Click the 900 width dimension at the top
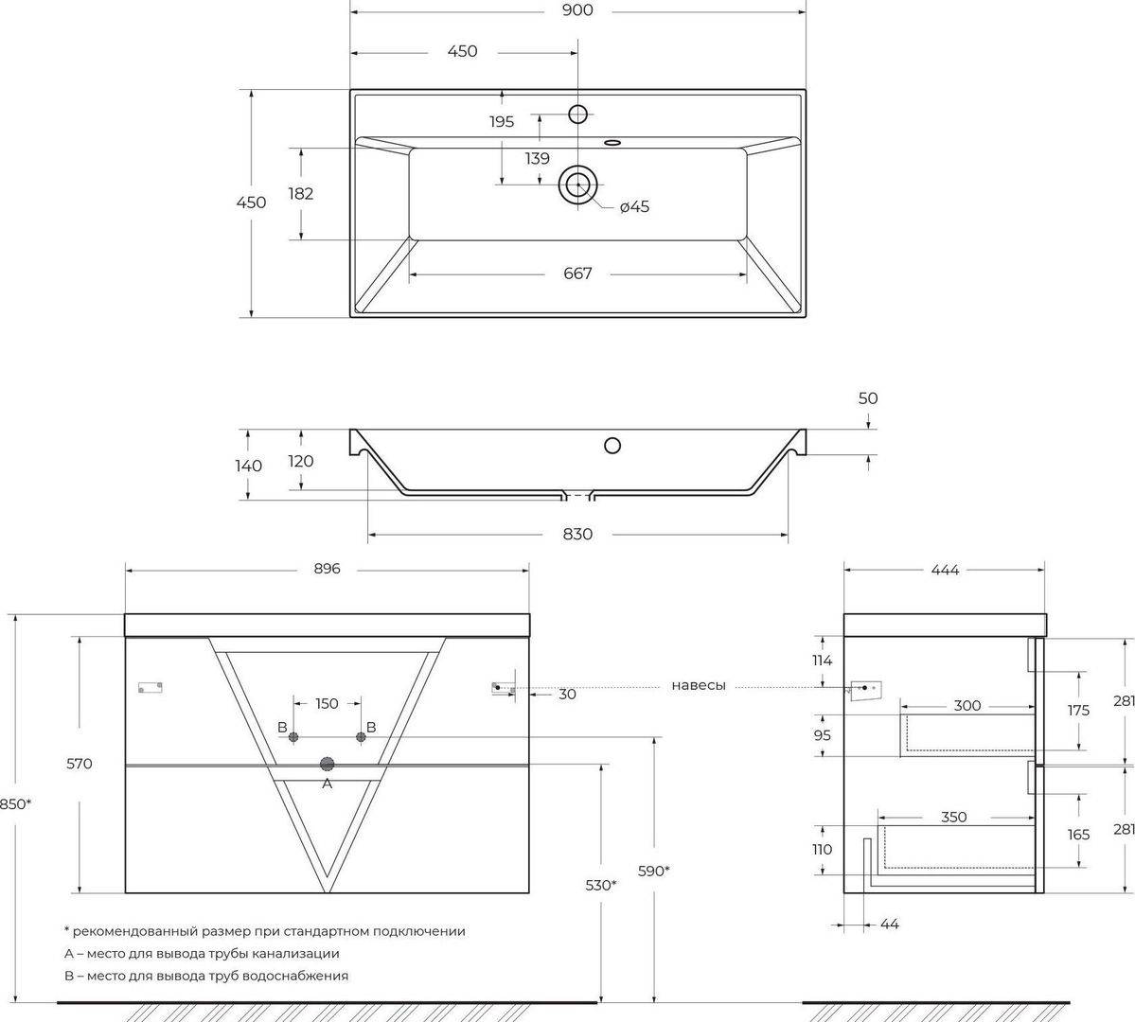(576, 10)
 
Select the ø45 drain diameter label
(635, 207)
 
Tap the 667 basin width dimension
(577, 273)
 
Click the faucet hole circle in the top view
(577, 114)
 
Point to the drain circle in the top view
(577, 185)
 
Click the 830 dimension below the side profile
(577, 534)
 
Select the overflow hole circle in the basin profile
(612, 445)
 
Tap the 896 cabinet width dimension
(328, 569)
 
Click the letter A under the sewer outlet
(328, 784)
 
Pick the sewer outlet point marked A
(328, 764)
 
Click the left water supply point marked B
(293, 737)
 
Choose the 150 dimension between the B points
(327, 703)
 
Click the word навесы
(699, 685)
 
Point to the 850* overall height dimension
(14, 803)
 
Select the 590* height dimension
(653, 871)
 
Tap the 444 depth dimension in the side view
(945, 571)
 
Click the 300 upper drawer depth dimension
(967, 706)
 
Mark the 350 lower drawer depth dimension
(954, 818)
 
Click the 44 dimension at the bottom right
(890, 925)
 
